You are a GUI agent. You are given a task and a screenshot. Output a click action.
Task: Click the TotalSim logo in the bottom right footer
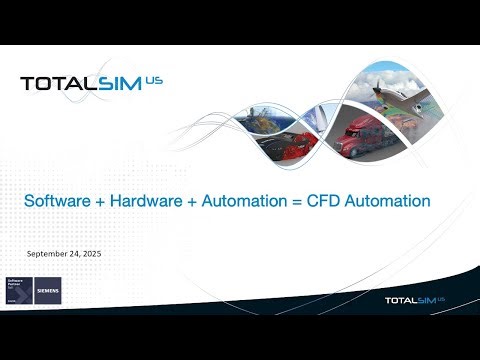pos(415,299)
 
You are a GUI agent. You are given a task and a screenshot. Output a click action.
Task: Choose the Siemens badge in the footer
pos(48,290)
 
